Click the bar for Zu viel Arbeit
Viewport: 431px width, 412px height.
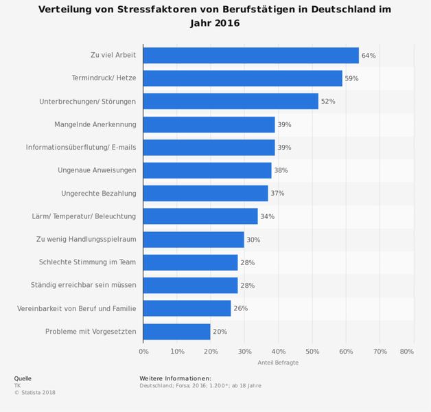click(251, 56)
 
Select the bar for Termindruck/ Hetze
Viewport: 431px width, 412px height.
click(242, 78)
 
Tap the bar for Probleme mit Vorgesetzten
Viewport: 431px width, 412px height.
click(176, 332)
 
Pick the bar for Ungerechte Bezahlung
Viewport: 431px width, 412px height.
click(205, 194)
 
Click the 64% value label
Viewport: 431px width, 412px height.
click(369, 56)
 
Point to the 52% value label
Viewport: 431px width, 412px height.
click(328, 102)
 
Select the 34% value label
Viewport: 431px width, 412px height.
click(268, 216)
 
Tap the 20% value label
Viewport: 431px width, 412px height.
click(220, 332)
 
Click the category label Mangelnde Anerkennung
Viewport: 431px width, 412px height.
click(95, 124)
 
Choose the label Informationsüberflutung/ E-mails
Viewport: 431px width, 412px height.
click(81, 148)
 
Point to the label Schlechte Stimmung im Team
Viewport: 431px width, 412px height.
click(87, 262)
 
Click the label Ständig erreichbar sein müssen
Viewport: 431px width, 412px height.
click(83, 285)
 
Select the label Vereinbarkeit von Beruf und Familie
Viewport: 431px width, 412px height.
click(76, 308)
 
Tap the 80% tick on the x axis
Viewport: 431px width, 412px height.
click(406, 352)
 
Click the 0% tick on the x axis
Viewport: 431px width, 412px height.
click(143, 352)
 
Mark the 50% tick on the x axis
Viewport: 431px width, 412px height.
click(312, 352)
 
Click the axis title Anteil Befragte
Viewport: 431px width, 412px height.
click(278, 363)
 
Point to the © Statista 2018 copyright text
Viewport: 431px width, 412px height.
click(34, 393)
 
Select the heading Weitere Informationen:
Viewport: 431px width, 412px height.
click(175, 378)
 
